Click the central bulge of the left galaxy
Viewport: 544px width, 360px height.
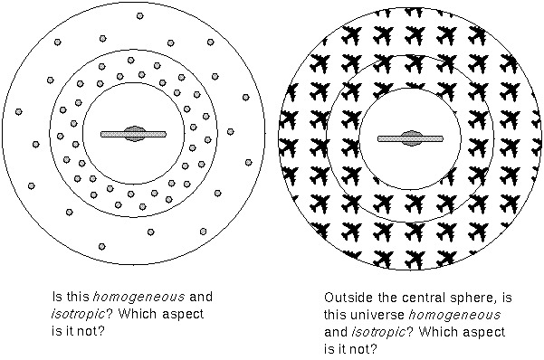pos(134,134)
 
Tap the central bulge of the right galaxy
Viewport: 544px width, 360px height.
pos(410,137)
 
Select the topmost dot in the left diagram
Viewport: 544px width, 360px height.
pos(138,15)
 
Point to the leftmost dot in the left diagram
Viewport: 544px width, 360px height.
pos(18,112)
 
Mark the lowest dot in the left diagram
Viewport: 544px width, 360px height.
pos(101,245)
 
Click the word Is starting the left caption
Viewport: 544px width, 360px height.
pos(59,297)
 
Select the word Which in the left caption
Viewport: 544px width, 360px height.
pos(138,313)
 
